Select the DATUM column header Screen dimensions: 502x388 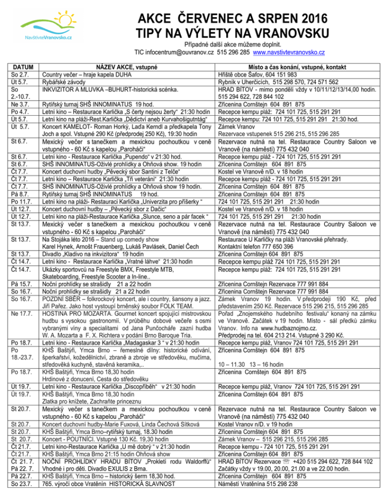[x=21, y=67]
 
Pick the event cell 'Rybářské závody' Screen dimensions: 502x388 [x=67, y=82]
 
